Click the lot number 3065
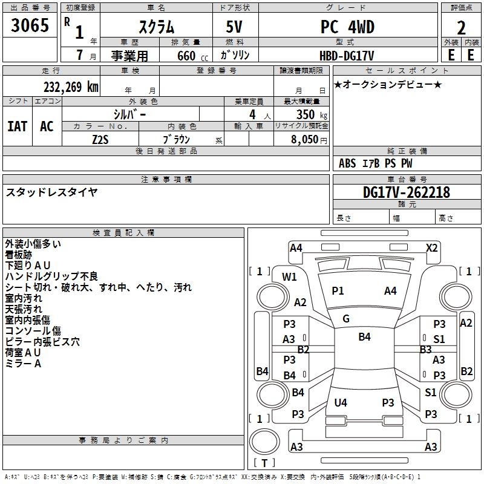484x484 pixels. click(x=30, y=25)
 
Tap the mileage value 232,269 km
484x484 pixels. click(x=71, y=87)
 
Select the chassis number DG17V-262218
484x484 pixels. click(x=407, y=192)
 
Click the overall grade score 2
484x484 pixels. click(x=461, y=28)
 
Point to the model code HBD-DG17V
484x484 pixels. click(x=347, y=56)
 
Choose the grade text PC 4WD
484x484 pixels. click(x=347, y=27)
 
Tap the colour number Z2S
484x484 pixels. click(x=100, y=140)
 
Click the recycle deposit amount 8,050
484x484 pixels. click(x=304, y=140)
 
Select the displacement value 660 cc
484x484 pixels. click(x=192, y=56)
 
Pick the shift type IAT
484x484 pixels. click(x=18, y=126)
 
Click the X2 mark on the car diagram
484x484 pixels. click(x=431, y=248)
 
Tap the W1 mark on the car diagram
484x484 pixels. click(x=289, y=277)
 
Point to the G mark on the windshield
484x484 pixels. click(x=346, y=319)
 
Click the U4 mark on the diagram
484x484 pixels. click(x=341, y=402)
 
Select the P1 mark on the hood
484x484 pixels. click(x=338, y=291)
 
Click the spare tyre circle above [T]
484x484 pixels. click(x=264, y=442)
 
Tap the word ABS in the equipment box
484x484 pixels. click(x=347, y=163)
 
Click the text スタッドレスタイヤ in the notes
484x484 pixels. click(x=51, y=192)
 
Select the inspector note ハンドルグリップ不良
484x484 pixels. click(x=51, y=276)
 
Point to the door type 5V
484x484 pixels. click(x=234, y=27)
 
